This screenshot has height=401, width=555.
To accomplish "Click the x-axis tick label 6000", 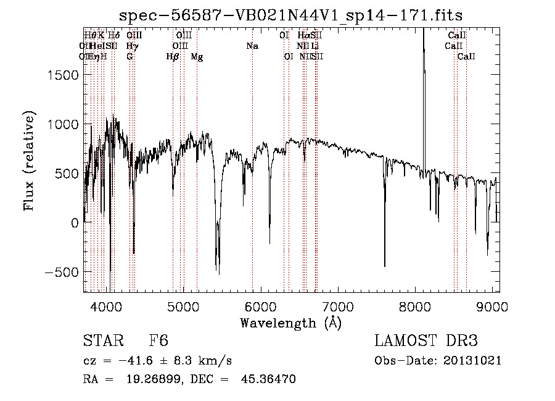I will pyautogui.click(x=260, y=307).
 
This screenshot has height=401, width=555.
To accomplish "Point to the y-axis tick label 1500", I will pyautogui.click(x=62, y=75).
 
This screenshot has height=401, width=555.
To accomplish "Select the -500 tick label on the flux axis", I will pyautogui.click(x=61, y=272).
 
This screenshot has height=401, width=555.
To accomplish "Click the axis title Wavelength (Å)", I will pyautogui.click(x=290, y=323).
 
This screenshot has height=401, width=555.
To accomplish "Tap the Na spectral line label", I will pyautogui.click(x=252, y=46).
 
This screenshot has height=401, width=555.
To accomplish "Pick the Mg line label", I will pyautogui.click(x=197, y=57).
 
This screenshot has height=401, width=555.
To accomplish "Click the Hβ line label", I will pyautogui.click(x=173, y=57).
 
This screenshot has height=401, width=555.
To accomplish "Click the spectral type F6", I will pyautogui.click(x=158, y=341).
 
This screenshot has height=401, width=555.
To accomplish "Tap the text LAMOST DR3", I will pyautogui.click(x=426, y=341).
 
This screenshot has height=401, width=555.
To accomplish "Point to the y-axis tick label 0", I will pyautogui.click(x=74, y=223).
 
